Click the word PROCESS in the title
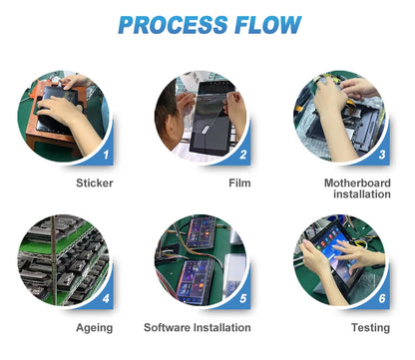[173, 25]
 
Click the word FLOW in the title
[268, 25]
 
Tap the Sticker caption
[95, 182]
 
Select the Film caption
[239, 182]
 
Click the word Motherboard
[357, 182]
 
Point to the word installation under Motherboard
[362, 194]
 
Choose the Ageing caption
[95, 328]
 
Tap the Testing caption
[370, 328]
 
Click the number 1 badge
[106, 155]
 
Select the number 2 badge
[243, 155]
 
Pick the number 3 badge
[382, 155]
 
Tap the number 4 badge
[106, 298]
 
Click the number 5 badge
[243, 298]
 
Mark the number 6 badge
[382, 298]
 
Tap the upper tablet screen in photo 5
[201, 232]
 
